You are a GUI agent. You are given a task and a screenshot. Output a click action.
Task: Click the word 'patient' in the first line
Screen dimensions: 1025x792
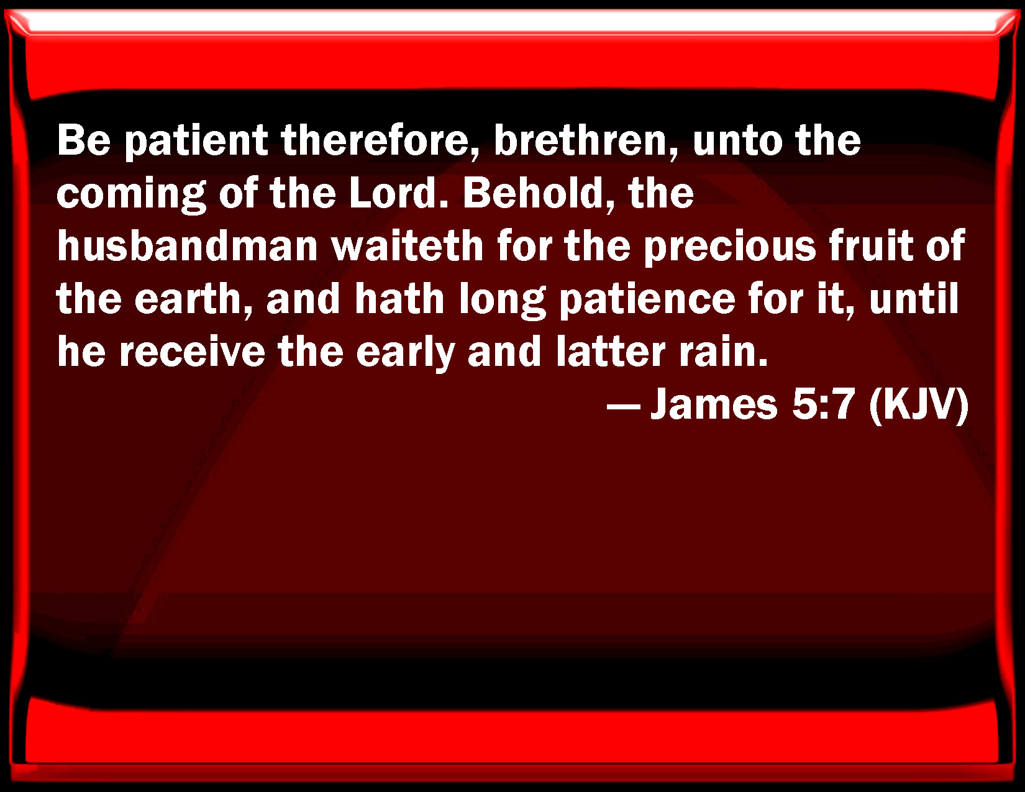196,141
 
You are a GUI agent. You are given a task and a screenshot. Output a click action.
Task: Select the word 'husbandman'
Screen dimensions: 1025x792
187,246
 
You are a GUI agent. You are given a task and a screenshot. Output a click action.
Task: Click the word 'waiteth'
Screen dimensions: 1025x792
408,246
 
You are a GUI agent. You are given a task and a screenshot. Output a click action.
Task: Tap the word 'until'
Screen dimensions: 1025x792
914,299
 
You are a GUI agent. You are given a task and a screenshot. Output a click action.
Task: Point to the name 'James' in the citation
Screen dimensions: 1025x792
714,405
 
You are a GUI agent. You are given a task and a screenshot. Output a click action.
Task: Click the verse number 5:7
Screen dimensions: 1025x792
824,405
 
